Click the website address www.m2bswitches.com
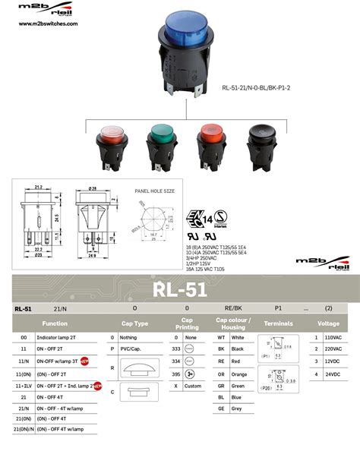pyautogui.click(x=47, y=24)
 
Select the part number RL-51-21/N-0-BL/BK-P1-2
pyautogui.click(x=257, y=87)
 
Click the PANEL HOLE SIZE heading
pyautogui.click(x=154, y=191)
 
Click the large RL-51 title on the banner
pyautogui.click(x=179, y=289)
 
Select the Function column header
pyautogui.click(x=55, y=323)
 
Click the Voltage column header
pyautogui.click(x=328, y=323)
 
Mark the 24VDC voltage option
pyautogui.click(x=332, y=375)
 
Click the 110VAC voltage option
pyautogui.click(x=332, y=336)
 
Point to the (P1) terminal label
pyautogui.click(x=266, y=355)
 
